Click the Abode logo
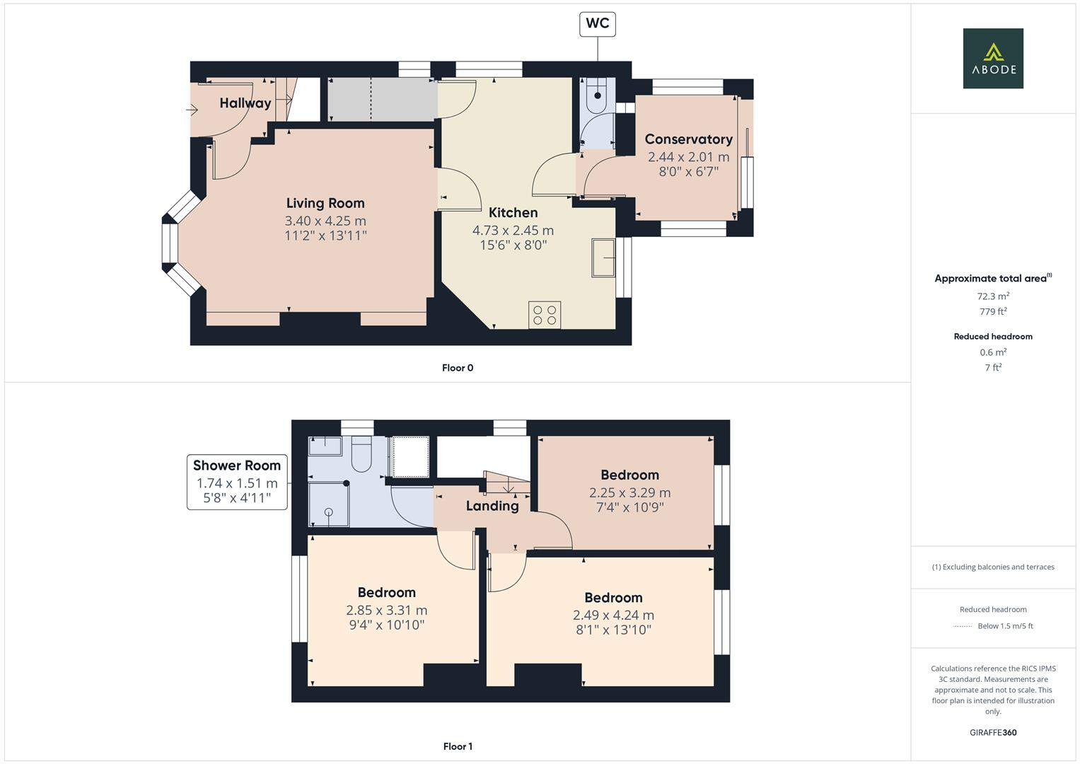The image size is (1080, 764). click(x=993, y=59)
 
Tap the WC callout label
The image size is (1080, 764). click(x=597, y=23)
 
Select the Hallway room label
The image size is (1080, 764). click(x=245, y=103)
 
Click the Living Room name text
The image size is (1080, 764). click(x=325, y=204)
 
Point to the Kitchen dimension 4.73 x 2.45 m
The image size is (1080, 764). click(x=513, y=230)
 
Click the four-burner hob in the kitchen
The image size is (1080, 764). click(x=545, y=315)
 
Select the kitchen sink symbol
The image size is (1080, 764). click(x=603, y=257)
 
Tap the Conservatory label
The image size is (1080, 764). click(x=688, y=139)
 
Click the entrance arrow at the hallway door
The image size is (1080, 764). click(x=192, y=110)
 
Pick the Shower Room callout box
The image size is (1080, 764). click(x=237, y=482)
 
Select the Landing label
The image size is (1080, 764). click(x=492, y=506)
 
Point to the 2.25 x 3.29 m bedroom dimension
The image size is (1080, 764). click(x=629, y=492)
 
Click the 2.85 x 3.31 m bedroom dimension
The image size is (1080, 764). click(x=386, y=610)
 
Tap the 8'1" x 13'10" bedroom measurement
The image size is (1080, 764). click(x=613, y=630)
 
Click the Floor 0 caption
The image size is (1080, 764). click(x=458, y=368)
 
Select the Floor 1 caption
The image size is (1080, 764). click(x=458, y=746)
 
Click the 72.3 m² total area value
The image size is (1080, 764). click(x=993, y=296)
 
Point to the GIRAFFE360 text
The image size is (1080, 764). click(x=993, y=732)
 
